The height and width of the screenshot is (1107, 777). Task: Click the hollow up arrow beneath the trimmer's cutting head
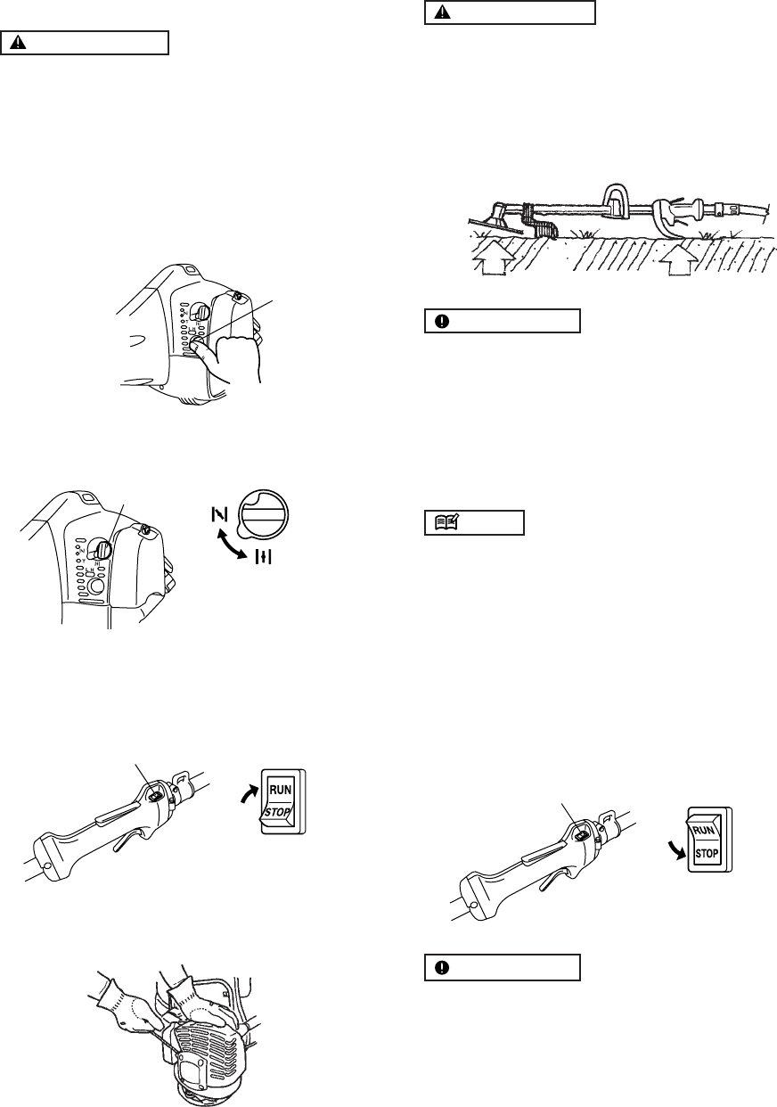coord(489,263)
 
